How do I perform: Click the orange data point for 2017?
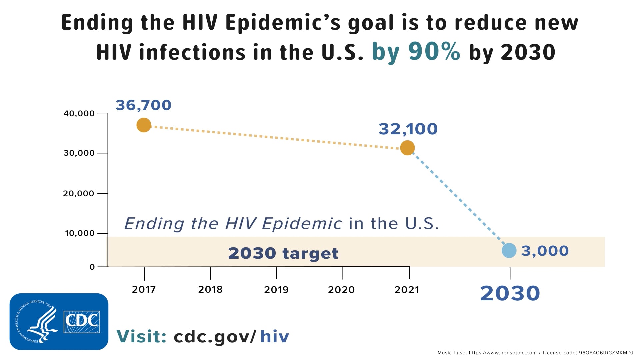pyautogui.click(x=144, y=125)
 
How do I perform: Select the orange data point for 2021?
pyautogui.click(x=407, y=148)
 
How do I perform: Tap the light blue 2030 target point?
pyautogui.click(x=509, y=250)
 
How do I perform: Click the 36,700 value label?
pyautogui.click(x=143, y=105)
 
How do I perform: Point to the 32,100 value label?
pyautogui.click(x=408, y=129)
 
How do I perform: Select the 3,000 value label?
pyautogui.click(x=545, y=251)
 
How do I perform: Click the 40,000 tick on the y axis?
pyautogui.click(x=79, y=114)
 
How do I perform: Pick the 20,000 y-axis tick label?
pyautogui.click(x=79, y=194)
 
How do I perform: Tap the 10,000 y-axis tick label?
pyautogui.click(x=80, y=233)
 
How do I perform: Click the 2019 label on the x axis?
pyautogui.click(x=276, y=290)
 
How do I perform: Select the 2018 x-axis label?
pyautogui.click(x=210, y=289)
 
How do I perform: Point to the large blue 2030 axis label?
pyautogui.click(x=510, y=293)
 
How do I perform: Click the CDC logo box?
pyautogui.click(x=82, y=322)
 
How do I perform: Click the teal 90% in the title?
pyautogui.click(x=434, y=52)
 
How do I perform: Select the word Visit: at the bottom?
pyautogui.click(x=141, y=336)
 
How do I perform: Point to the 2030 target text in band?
pyautogui.click(x=283, y=253)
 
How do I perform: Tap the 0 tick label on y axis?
pyautogui.click(x=92, y=267)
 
